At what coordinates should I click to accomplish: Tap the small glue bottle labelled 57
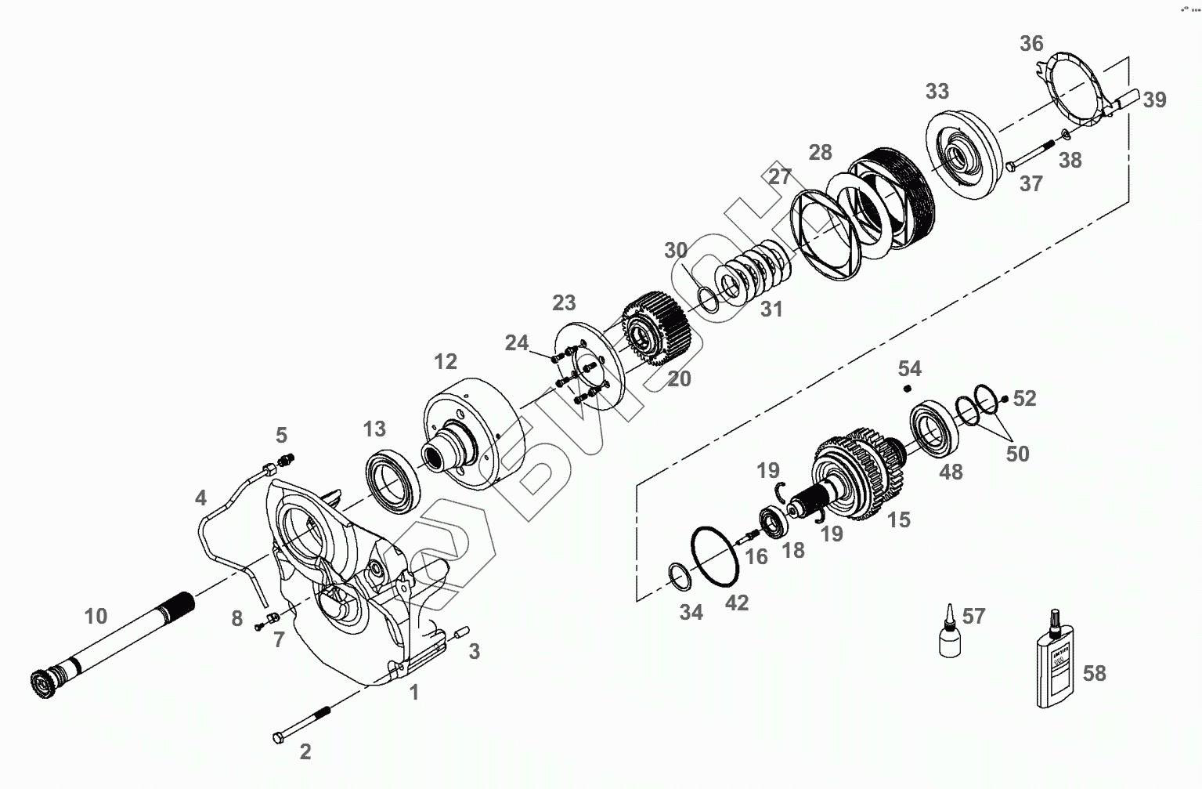tap(948, 635)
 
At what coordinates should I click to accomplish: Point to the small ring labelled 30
tap(707, 299)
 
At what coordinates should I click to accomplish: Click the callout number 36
tap(1031, 43)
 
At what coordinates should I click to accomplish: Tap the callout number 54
tap(909, 368)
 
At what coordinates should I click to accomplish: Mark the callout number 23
tap(564, 302)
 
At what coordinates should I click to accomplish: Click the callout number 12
tap(445, 361)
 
